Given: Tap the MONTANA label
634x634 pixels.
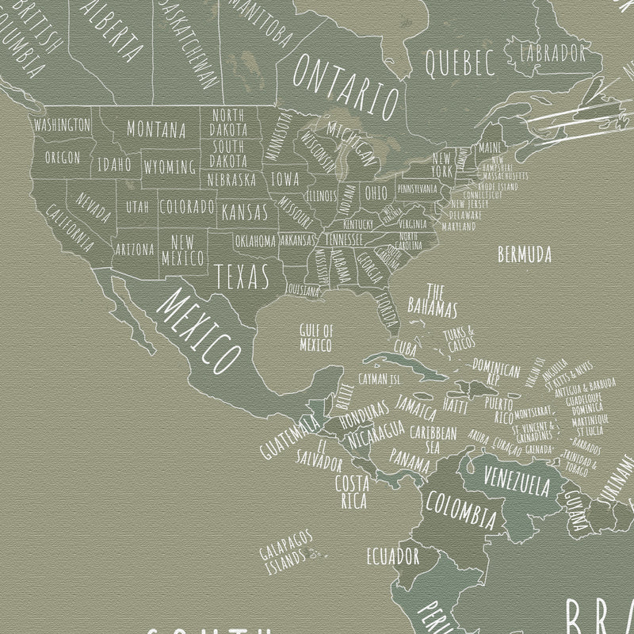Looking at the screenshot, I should click(156, 128).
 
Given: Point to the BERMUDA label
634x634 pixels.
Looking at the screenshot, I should click(524, 255).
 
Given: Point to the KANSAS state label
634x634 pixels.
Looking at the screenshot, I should click(244, 212).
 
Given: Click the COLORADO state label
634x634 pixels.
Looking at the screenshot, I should click(187, 207).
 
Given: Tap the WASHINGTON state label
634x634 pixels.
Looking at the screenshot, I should click(61, 124).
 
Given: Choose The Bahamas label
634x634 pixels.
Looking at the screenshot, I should click(433, 299).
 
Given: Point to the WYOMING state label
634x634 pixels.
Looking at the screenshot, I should click(170, 166).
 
